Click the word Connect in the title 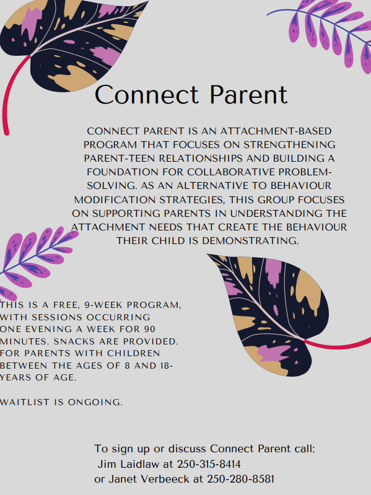(x=147, y=94)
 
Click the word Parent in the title (x=248, y=94)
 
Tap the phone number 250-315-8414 (x=209, y=464)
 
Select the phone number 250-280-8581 (x=241, y=479)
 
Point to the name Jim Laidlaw (x=128, y=464)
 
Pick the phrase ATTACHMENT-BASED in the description (x=276, y=131)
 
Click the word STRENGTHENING (x=289, y=144)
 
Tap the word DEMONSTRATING (x=250, y=240)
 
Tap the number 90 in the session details (x=149, y=329)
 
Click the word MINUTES (x=25, y=341)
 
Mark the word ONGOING (x=95, y=402)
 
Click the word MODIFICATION (x=115, y=200)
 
